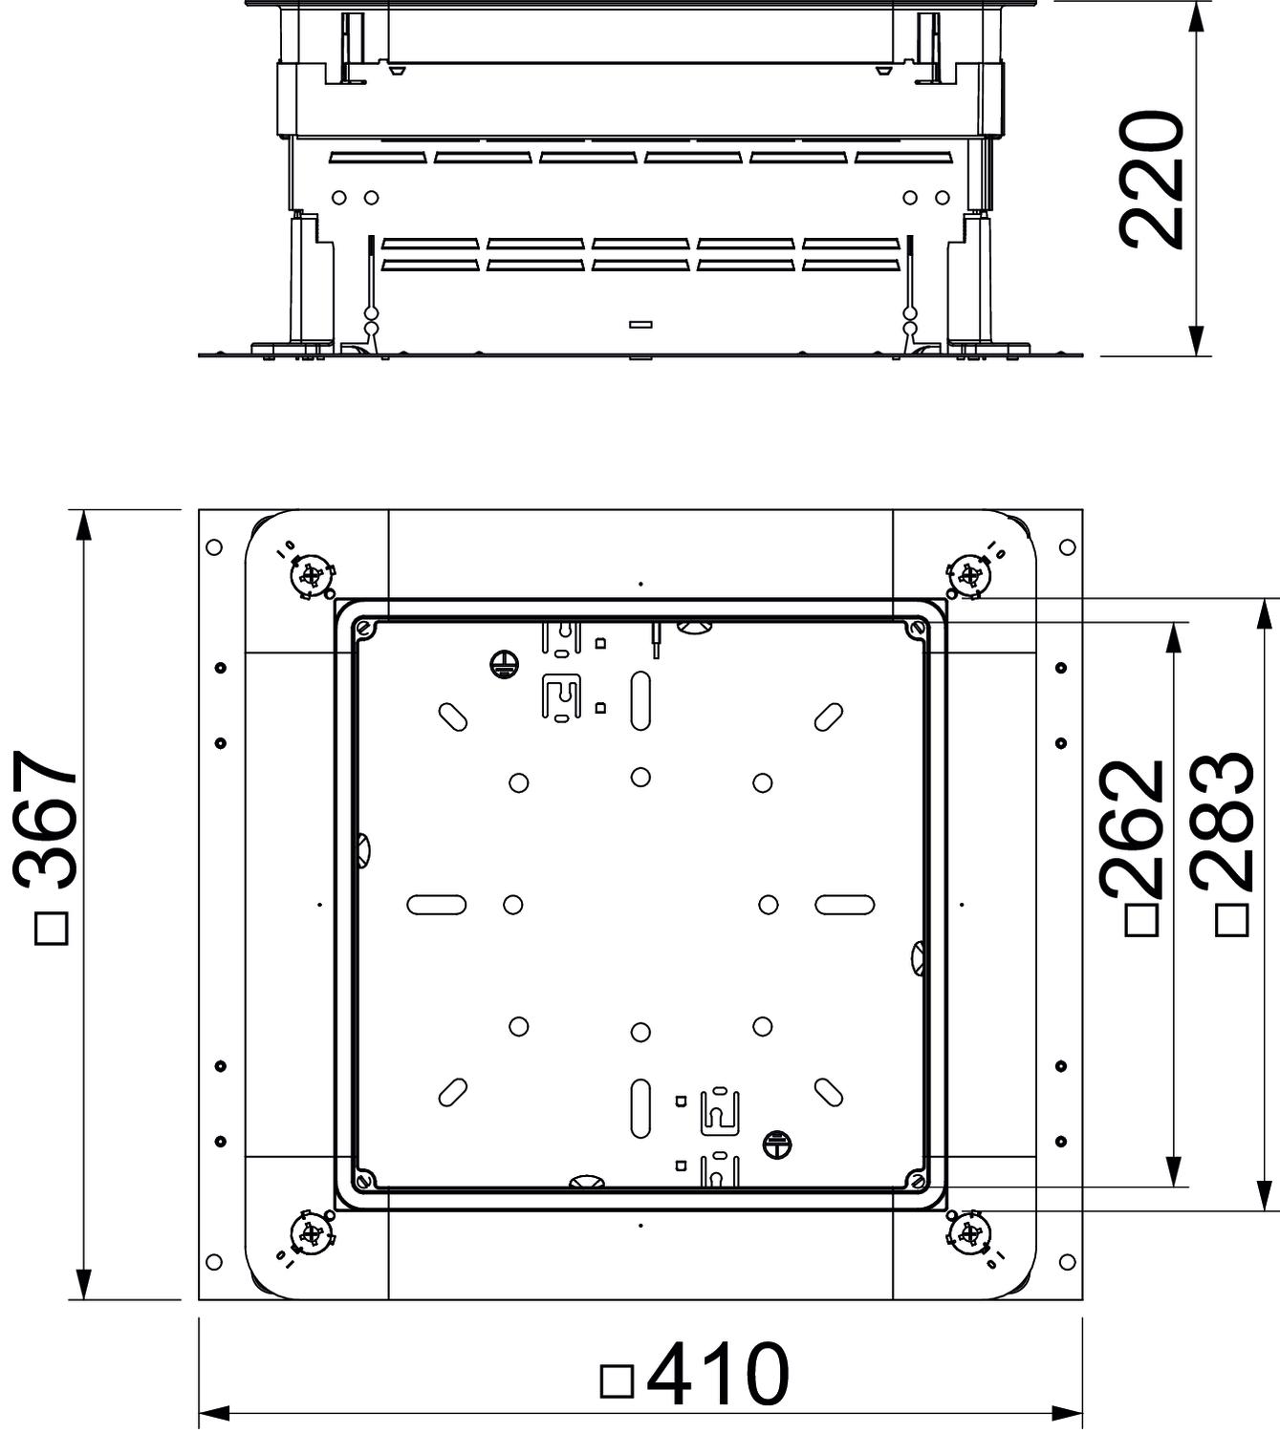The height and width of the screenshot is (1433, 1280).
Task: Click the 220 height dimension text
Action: [1151, 180]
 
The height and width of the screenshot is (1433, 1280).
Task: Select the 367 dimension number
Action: [45, 821]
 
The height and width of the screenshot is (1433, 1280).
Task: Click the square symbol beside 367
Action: [51, 929]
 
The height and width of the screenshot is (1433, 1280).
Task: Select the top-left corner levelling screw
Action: [312, 575]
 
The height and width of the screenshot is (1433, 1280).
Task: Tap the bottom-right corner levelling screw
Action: [968, 1234]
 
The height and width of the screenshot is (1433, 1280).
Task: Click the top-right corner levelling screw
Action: [968, 575]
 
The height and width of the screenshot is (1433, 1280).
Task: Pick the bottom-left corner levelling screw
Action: [312, 1234]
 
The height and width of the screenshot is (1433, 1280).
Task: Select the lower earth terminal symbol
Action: [777, 1144]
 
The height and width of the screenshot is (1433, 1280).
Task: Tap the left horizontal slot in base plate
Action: [437, 905]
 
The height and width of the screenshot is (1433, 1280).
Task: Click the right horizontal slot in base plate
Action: [845, 905]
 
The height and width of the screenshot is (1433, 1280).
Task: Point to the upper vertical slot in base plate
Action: [640, 701]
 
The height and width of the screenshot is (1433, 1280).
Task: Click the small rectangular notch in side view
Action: [640, 326]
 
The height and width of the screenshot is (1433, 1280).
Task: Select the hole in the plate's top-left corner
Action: [214, 546]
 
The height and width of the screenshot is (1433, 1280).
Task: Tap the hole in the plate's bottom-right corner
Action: [1068, 1262]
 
